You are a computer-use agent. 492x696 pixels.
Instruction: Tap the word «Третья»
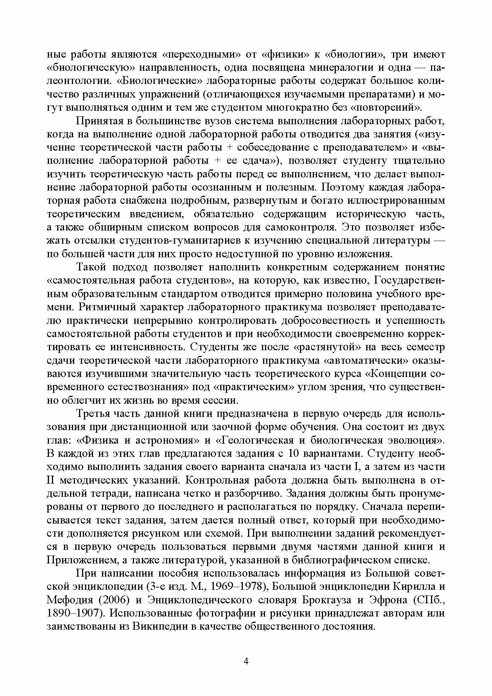click(92, 414)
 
